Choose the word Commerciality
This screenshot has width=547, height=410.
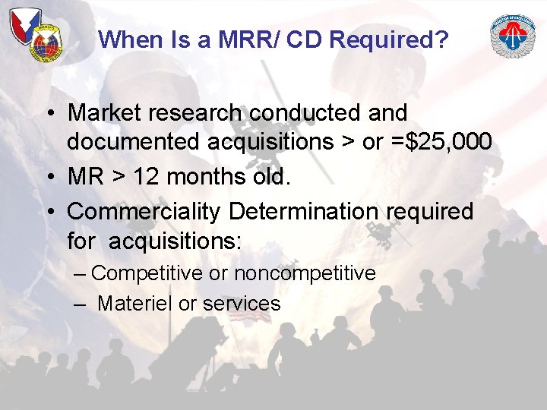point(144,212)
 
